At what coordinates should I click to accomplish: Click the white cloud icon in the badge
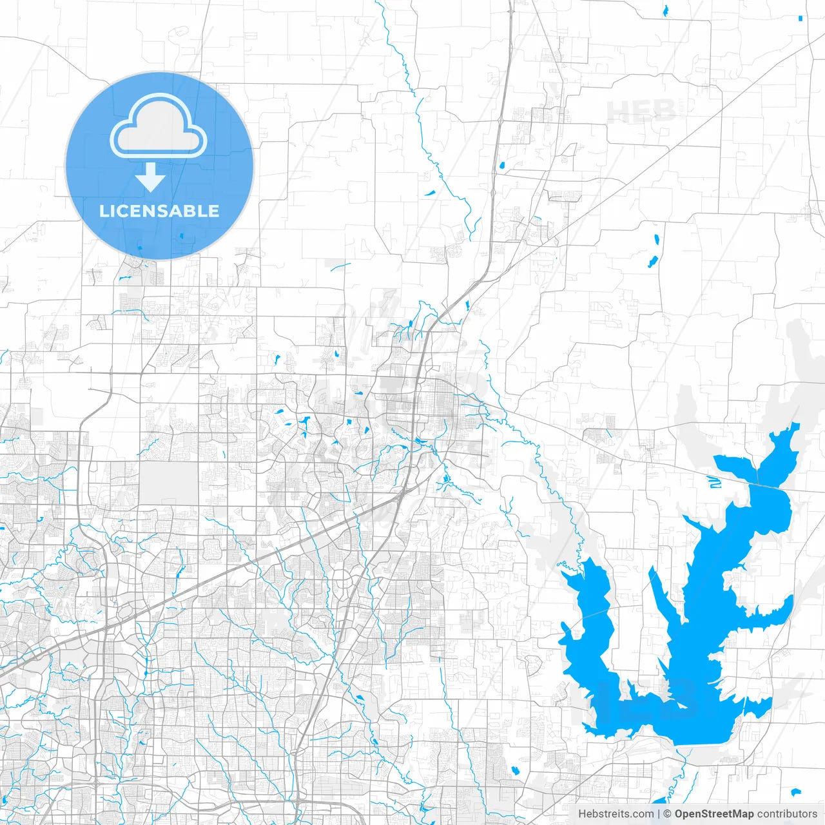(x=159, y=126)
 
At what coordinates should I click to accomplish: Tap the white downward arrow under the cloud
(x=151, y=177)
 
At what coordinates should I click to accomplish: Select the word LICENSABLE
(x=159, y=211)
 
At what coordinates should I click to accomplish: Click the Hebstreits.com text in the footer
(x=616, y=814)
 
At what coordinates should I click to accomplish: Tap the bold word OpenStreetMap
(x=713, y=814)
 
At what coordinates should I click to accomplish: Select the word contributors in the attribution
(x=787, y=814)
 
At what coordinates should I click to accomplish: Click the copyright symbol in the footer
(x=668, y=814)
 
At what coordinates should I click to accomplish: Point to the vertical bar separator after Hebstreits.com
(x=659, y=814)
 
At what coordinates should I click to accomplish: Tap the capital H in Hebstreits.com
(x=582, y=814)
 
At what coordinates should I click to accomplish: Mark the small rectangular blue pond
(x=800, y=18)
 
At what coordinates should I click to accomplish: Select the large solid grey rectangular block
(x=169, y=482)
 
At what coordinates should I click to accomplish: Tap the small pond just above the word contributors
(x=795, y=792)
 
